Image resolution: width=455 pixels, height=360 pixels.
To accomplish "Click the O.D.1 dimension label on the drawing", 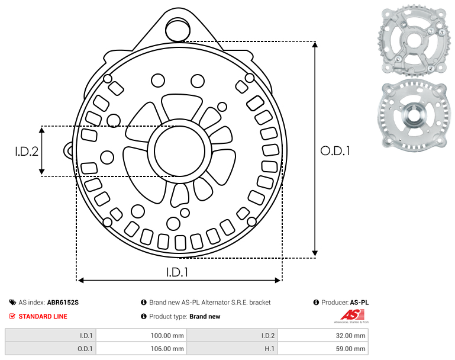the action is tap(335, 151).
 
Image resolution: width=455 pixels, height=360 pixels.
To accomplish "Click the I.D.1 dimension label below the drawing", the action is tap(177, 272).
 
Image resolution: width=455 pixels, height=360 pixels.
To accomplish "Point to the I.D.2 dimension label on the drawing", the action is tap(27, 151).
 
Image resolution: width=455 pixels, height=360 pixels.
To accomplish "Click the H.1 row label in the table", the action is tap(269, 349).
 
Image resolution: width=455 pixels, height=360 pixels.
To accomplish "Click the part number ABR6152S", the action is tap(63, 303).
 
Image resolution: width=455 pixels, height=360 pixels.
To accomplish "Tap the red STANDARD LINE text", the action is tap(43, 316).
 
